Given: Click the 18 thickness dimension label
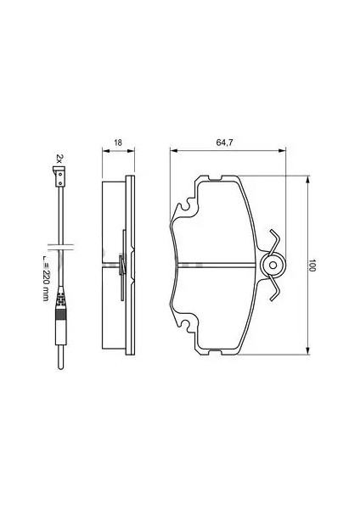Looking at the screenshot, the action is [x=118, y=143].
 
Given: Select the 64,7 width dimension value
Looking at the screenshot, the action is [x=224, y=143].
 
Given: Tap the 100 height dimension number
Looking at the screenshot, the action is [x=312, y=266].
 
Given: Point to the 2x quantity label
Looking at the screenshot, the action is [x=59, y=159].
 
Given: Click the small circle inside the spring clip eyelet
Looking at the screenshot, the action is [x=273, y=266].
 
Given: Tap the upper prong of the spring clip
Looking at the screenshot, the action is [x=274, y=241].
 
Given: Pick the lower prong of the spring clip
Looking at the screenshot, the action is [x=275, y=288].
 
